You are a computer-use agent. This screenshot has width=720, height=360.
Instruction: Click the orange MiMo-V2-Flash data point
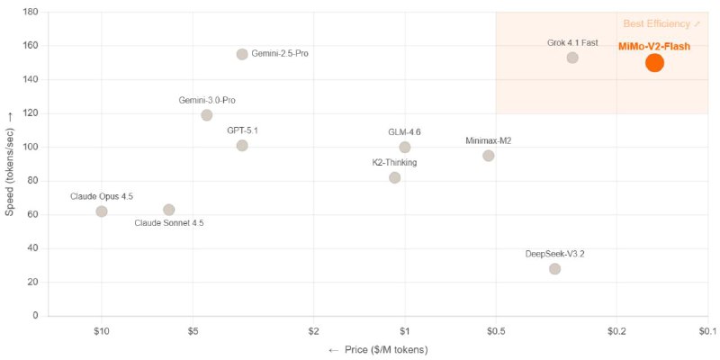click(x=654, y=62)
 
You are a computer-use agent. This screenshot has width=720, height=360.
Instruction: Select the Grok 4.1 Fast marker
click(x=572, y=58)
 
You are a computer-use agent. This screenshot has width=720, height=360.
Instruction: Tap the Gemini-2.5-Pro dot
click(x=242, y=54)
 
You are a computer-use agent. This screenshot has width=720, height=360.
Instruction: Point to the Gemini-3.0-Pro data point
click(x=207, y=115)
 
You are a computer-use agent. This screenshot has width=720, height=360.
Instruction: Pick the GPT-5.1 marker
click(x=242, y=146)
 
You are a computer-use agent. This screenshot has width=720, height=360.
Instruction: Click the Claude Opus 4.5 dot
click(x=102, y=211)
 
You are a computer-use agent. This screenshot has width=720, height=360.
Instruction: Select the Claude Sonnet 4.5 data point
click(x=169, y=210)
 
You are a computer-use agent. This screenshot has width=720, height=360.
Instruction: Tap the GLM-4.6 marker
click(x=405, y=148)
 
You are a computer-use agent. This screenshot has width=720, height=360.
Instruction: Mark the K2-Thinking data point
click(x=394, y=177)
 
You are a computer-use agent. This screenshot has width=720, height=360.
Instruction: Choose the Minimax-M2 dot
click(x=489, y=156)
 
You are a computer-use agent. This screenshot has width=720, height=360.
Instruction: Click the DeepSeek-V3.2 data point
click(x=554, y=269)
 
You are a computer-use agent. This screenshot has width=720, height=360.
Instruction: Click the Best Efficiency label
click(x=661, y=23)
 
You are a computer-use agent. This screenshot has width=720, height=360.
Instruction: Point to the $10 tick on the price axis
click(x=102, y=329)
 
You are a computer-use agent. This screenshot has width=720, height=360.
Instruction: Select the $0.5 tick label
click(x=496, y=329)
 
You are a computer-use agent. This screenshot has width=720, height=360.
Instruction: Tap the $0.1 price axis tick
click(x=707, y=329)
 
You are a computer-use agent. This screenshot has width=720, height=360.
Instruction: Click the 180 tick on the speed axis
click(x=31, y=13)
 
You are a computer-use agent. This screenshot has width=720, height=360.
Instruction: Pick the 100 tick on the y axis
click(x=31, y=147)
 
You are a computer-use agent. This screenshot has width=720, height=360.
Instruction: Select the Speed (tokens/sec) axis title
click(x=10, y=163)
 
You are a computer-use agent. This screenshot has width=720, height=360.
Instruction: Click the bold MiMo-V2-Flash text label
click(x=654, y=46)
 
